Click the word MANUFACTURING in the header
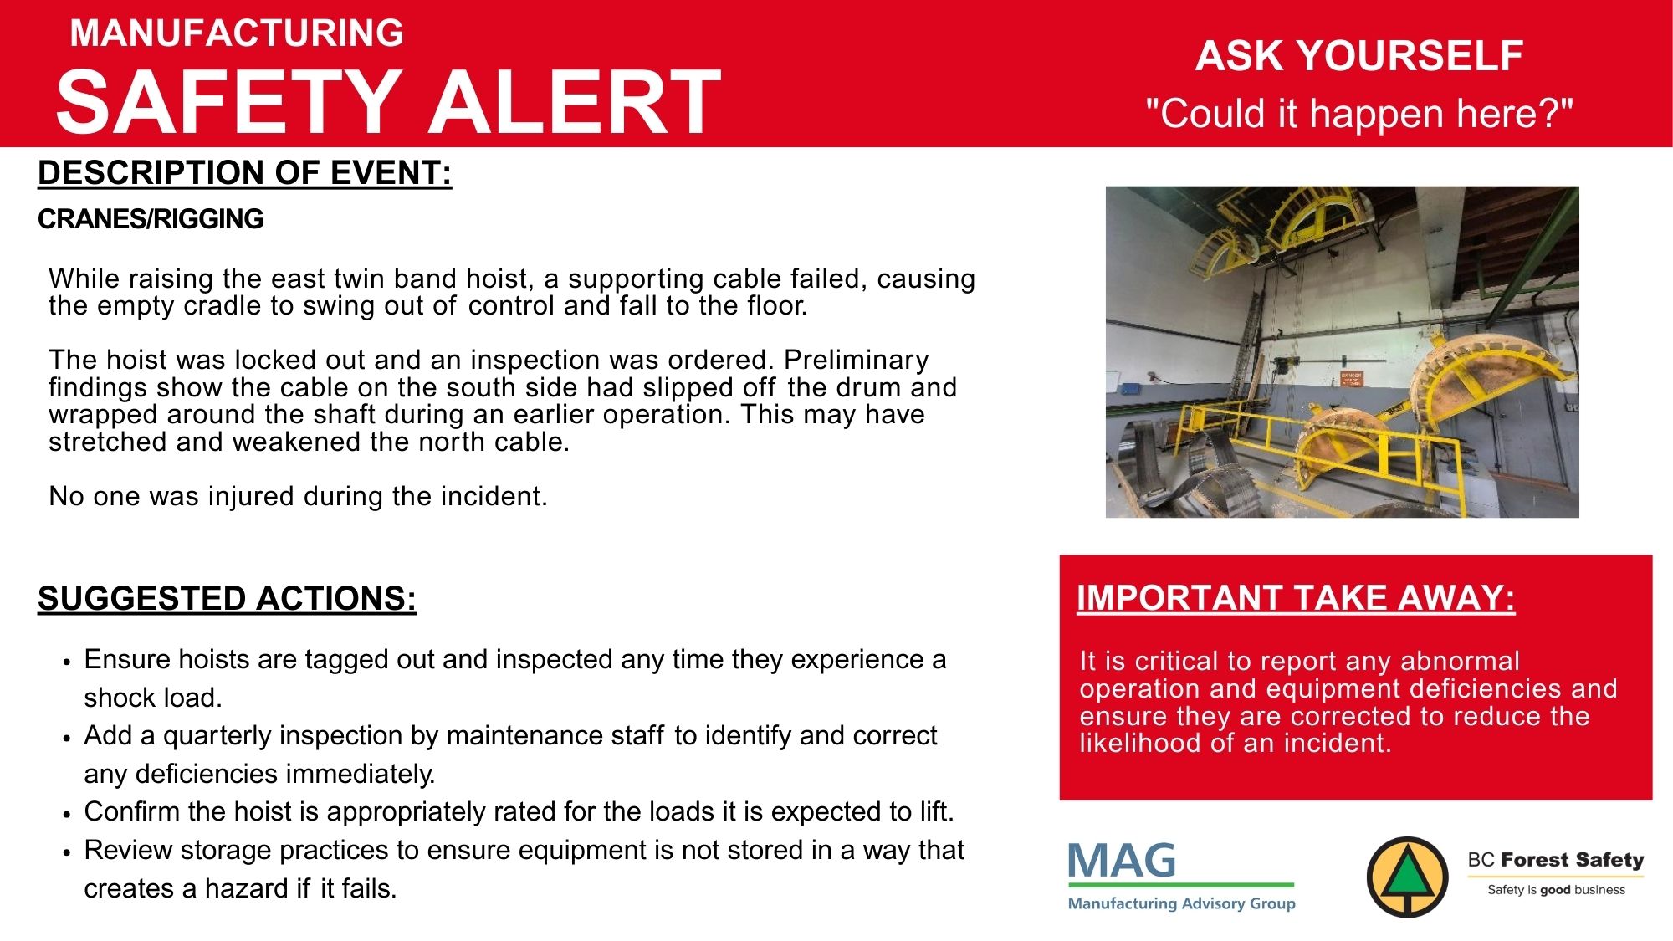237,33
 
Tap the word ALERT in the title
574,101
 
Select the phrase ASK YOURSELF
1358,56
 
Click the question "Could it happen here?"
1359,113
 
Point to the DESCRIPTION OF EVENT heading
245,173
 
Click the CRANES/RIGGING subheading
151,219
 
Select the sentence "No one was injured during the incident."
298,496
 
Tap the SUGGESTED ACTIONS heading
228,599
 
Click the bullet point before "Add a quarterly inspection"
66,738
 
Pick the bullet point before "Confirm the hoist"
66,814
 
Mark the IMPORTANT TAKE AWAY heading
1296,598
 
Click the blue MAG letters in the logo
1122,861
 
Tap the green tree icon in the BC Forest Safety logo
1408,875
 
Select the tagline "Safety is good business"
1556,890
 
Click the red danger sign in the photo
1352,378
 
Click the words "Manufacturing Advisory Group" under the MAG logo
1182,903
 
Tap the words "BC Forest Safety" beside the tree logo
1556,860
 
